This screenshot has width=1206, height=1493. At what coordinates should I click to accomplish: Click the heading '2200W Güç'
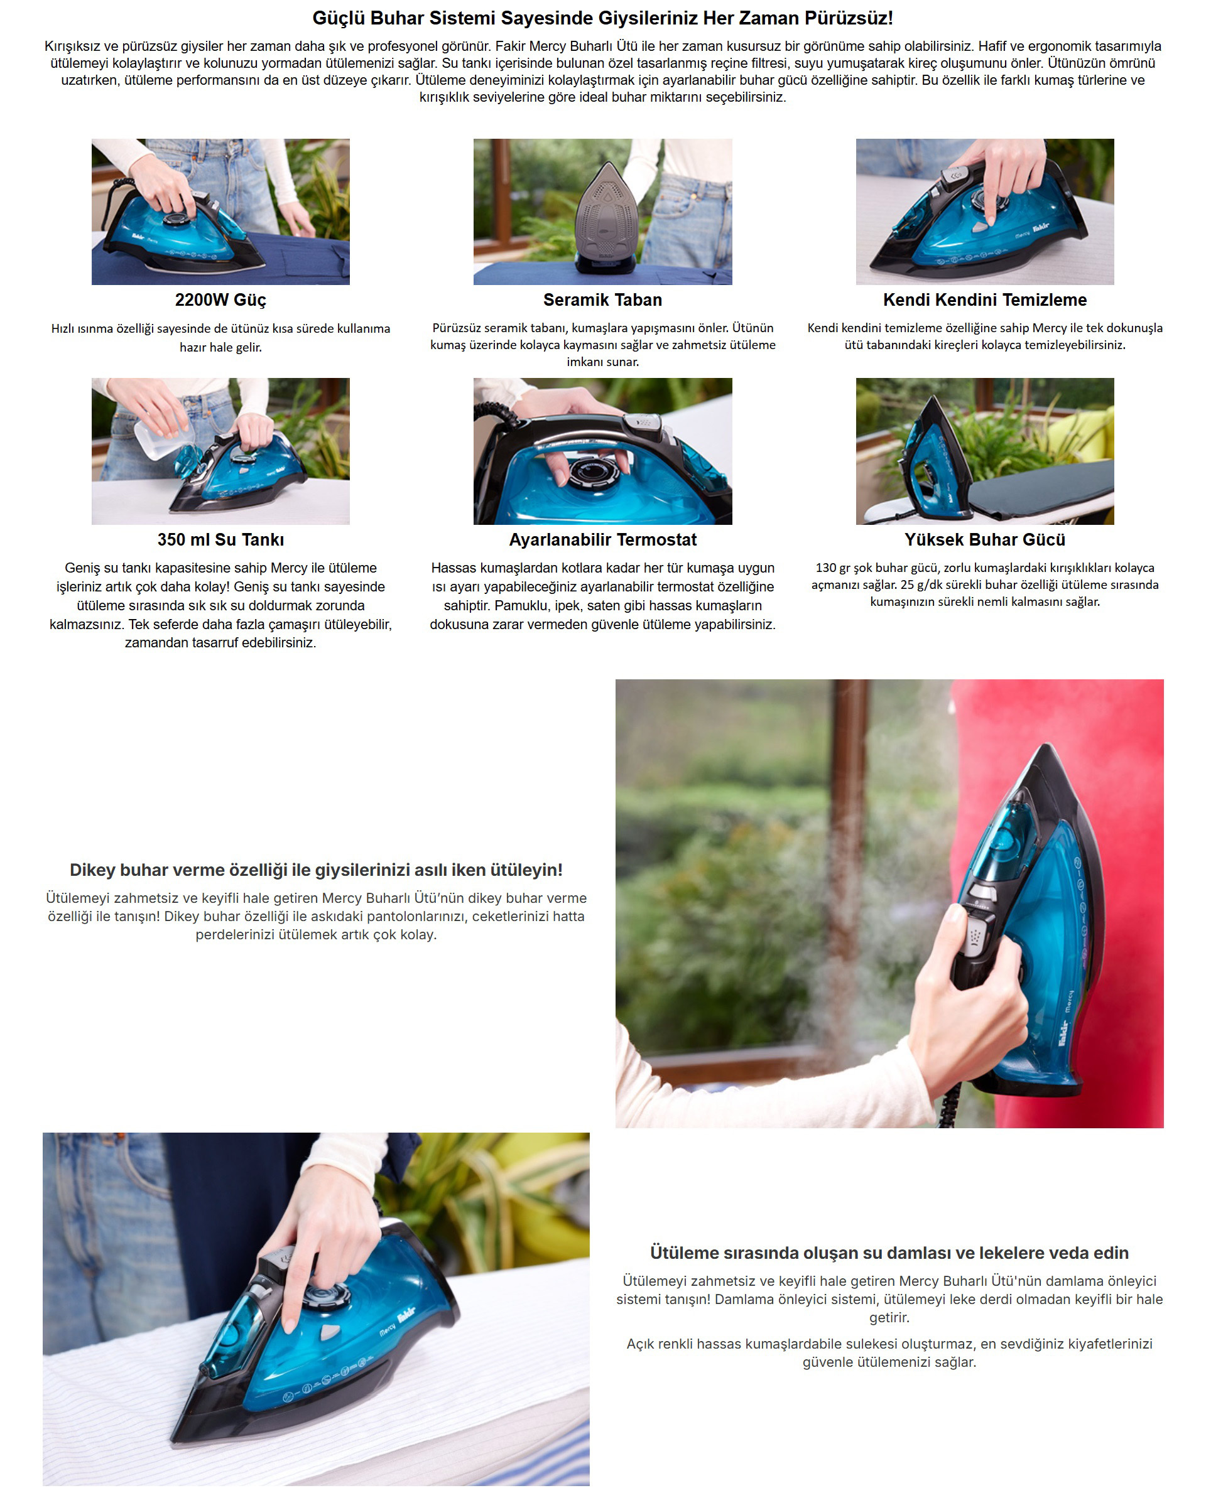coord(220,300)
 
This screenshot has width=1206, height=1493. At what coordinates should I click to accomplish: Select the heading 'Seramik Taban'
coord(602,300)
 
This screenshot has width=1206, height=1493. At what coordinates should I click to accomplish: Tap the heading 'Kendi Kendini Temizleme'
coord(984,300)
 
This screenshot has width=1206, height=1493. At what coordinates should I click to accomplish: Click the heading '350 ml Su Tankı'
coord(220,539)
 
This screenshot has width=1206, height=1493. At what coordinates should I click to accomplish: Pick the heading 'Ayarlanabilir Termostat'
coord(602,539)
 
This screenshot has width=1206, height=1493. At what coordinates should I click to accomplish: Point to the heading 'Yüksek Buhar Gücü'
coord(984,539)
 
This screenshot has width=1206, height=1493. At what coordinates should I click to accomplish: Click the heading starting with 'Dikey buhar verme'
coord(316,870)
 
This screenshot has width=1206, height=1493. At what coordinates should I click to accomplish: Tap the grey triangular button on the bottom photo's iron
coord(329,1330)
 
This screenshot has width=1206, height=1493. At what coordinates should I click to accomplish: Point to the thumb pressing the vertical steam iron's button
coord(953,918)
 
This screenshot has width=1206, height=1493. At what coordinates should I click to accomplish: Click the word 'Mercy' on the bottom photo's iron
coord(387,1328)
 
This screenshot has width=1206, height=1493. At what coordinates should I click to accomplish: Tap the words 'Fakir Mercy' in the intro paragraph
coord(531,46)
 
